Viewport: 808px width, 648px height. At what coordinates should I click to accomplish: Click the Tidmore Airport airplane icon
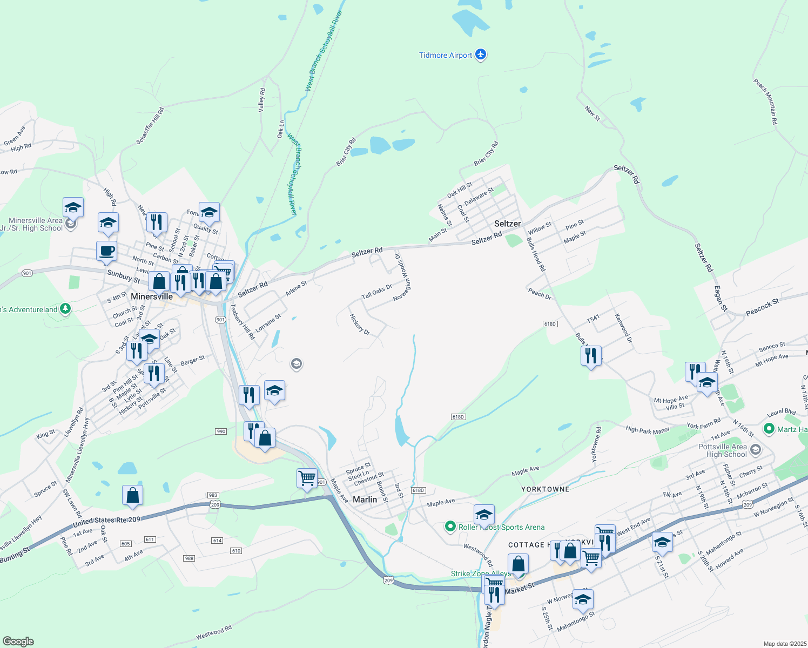481,55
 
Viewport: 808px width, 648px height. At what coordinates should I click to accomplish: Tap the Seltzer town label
507,224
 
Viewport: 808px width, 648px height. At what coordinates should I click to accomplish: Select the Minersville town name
152,296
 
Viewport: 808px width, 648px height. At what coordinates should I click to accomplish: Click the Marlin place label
365,500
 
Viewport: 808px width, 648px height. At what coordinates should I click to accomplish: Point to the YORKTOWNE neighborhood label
545,489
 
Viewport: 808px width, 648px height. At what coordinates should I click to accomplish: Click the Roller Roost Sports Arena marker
450,526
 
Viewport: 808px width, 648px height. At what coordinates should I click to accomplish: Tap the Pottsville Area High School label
722,450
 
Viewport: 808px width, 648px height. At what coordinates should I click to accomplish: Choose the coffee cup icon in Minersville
106,251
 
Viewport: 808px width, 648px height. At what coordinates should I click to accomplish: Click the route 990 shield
220,431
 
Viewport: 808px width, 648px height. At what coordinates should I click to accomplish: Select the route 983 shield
212,495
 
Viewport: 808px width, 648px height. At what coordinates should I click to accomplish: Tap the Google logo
18,641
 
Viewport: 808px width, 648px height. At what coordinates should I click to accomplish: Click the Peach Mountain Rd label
766,102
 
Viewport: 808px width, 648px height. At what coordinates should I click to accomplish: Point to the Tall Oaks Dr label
376,292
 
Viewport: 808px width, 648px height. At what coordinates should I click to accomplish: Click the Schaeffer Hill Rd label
150,125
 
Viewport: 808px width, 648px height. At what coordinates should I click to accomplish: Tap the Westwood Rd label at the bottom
214,632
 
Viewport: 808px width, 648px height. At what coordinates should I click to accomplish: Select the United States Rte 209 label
106,522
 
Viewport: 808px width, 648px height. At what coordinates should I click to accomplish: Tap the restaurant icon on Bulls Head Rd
591,355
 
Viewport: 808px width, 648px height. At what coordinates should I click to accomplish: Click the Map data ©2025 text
784,644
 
